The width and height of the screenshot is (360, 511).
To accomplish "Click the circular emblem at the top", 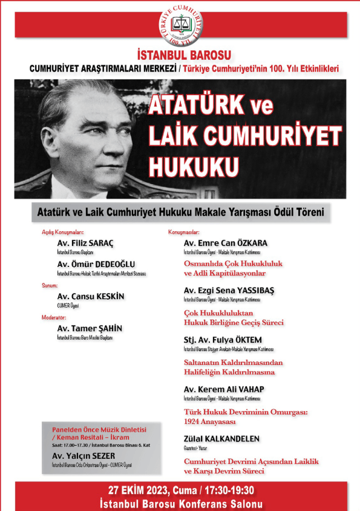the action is coord(181,23).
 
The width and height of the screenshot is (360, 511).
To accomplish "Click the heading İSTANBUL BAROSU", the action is coord(180,54).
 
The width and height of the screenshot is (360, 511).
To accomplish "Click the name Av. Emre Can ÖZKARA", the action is coord(225,243).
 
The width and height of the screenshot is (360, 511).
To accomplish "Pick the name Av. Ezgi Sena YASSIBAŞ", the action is coord(229,290).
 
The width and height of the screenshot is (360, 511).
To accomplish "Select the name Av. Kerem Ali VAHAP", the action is coord(224,389).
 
